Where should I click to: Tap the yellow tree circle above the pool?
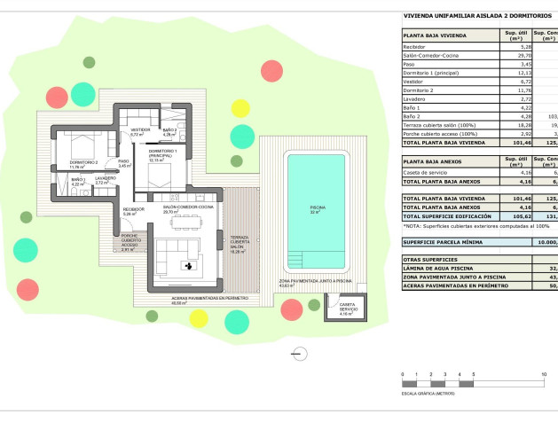pos(240,109)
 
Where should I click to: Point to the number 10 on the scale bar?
pos(544,376)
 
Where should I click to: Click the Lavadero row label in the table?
pos(415,98)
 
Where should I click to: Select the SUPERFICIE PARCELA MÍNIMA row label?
pos(447,241)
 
